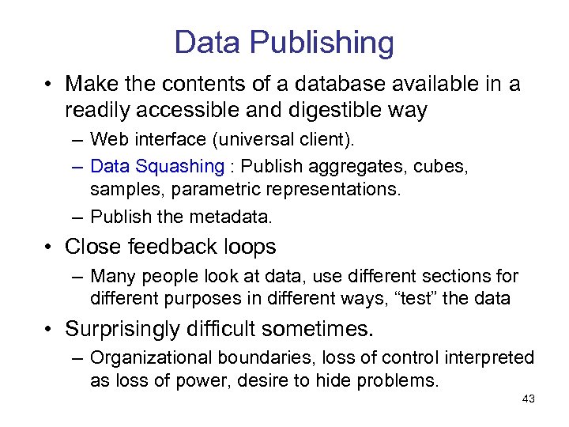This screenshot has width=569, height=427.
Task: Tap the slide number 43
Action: click(529, 399)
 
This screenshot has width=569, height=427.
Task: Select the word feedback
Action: click(179, 247)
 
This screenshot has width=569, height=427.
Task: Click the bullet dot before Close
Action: click(49, 248)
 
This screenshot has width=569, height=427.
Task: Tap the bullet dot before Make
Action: click(49, 85)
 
